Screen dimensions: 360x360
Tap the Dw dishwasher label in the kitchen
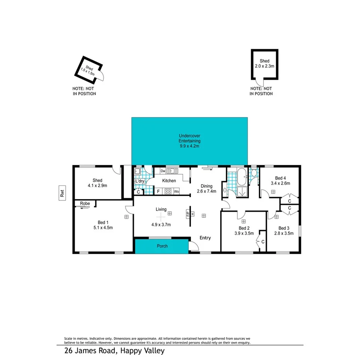pyautogui.click(x=163, y=171)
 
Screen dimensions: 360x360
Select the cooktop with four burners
pyautogui.click(x=168, y=191)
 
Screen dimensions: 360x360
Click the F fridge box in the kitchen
pyautogui.click(x=158, y=191)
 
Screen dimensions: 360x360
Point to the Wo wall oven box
pyautogui.click(x=177, y=191)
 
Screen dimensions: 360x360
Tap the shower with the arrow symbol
pyautogui.click(x=243, y=191)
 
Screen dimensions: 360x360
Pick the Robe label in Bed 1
pyautogui.click(x=85, y=203)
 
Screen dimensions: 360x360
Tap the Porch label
pyautogui.click(x=162, y=246)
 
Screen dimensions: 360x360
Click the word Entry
pyautogui.click(x=205, y=238)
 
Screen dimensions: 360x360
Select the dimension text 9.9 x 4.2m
pyautogui.click(x=189, y=146)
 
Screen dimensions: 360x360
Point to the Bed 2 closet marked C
pyautogui.click(x=263, y=242)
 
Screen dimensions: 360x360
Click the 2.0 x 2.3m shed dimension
pyautogui.click(x=265, y=66)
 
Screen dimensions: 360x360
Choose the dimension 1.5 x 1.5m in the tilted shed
pyautogui.click(x=88, y=71)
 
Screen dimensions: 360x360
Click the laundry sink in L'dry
pyautogui.click(x=138, y=172)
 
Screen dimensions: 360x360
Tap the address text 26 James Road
pyautogui.click(x=90, y=351)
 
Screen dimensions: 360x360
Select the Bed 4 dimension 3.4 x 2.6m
pyautogui.click(x=280, y=183)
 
